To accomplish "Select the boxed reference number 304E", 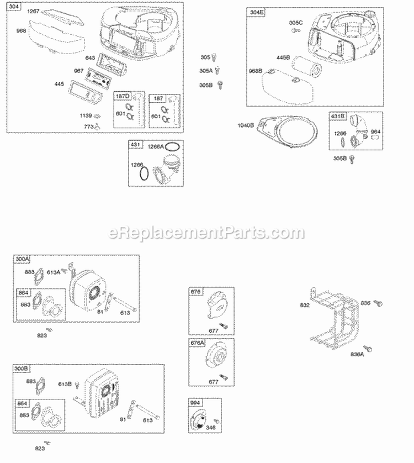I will point(255,12).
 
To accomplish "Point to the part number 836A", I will point(356,354).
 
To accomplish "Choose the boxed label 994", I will point(195,403).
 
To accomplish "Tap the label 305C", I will point(296,23).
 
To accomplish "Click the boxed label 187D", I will point(123,97).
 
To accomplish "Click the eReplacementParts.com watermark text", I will point(206,233).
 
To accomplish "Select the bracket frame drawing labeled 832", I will point(334,317).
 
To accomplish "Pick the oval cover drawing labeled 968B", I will point(281,85).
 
